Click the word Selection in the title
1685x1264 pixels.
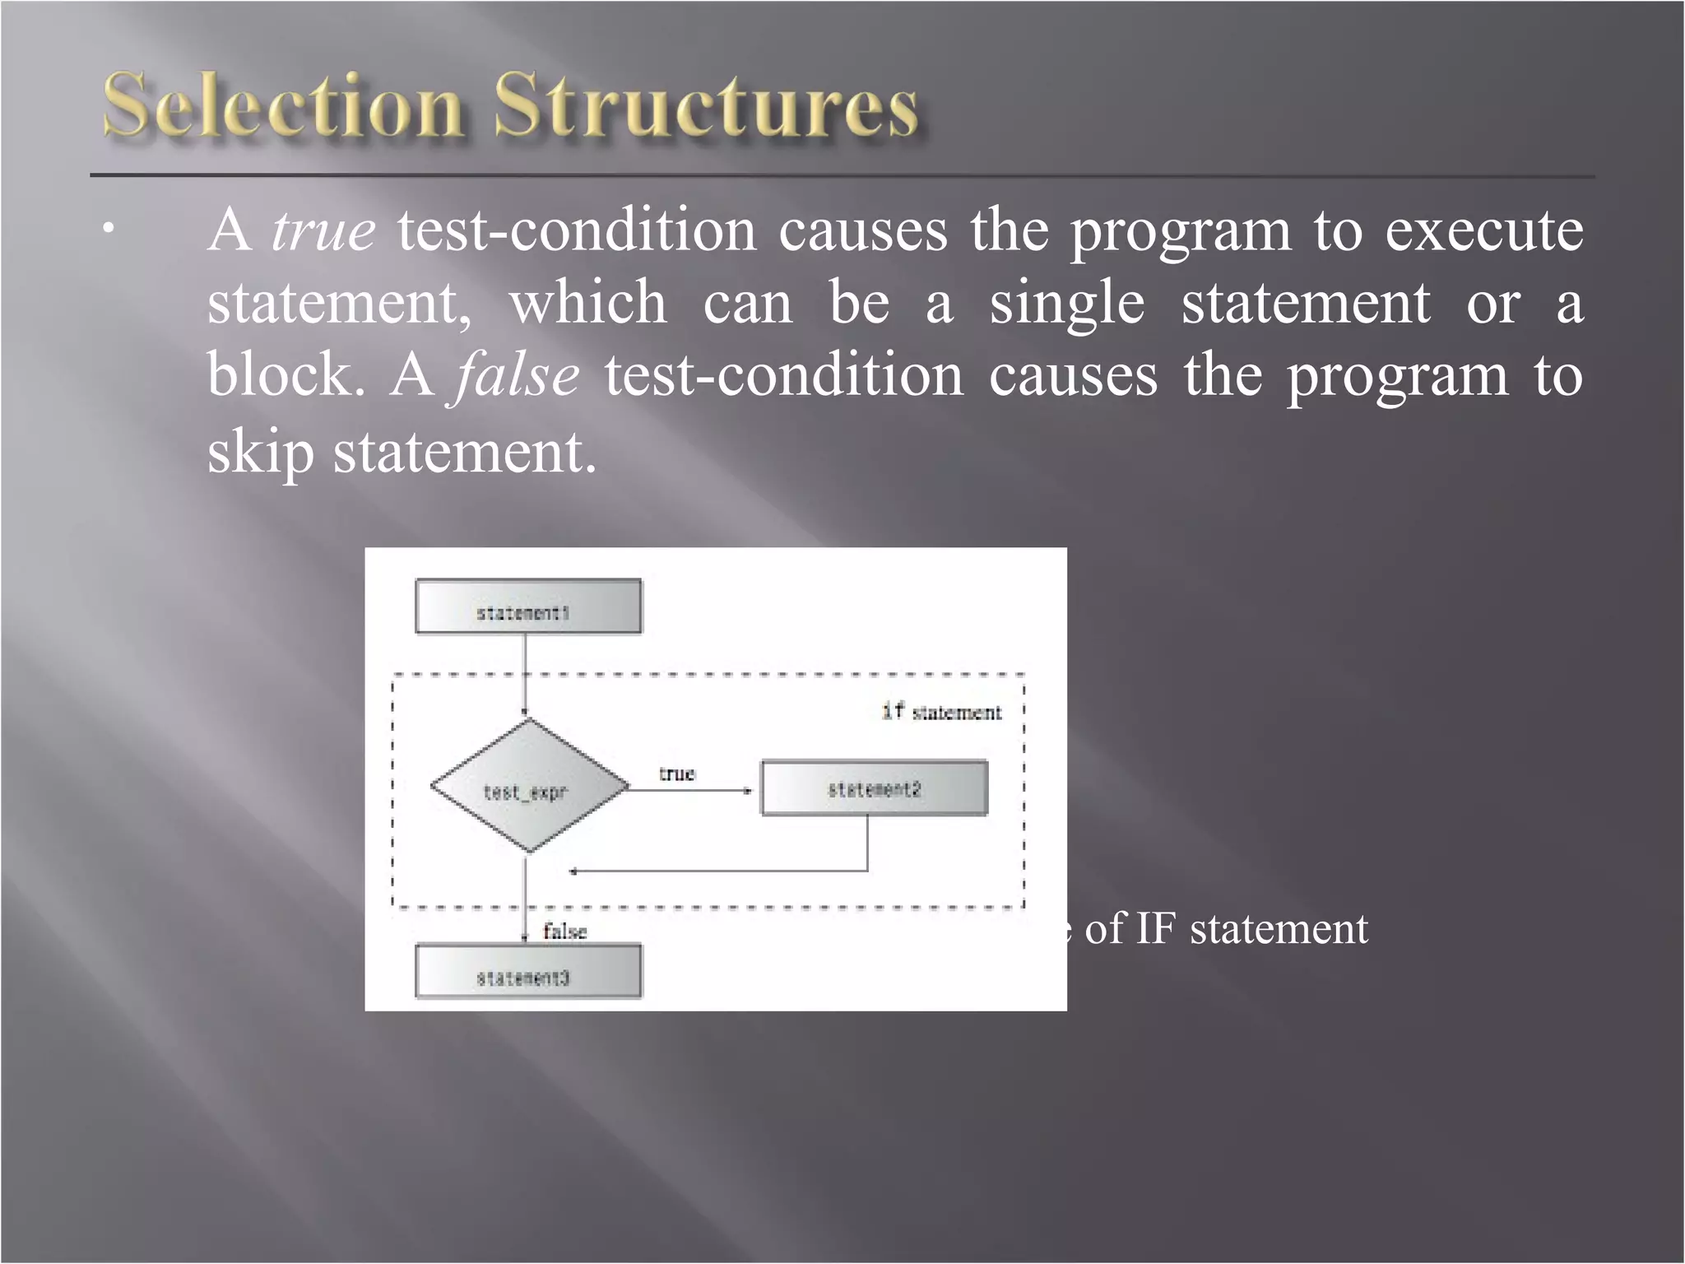click(x=281, y=107)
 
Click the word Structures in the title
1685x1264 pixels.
click(x=706, y=107)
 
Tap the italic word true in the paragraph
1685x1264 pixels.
click(x=323, y=230)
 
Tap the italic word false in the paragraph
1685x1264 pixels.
click(x=516, y=376)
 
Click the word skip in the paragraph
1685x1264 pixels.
click(x=260, y=452)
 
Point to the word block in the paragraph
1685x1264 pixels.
click(x=285, y=376)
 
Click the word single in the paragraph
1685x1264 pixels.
click(x=1066, y=303)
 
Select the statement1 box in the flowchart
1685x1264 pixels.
click(x=528, y=607)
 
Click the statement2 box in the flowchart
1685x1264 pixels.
click(x=874, y=788)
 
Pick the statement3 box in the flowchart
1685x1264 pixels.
click(x=528, y=972)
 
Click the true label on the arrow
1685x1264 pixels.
click(x=676, y=774)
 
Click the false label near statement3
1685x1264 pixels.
click(x=565, y=932)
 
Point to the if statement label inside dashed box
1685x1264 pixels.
click(x=942, y=712)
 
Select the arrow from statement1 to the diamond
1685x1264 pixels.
click(x=524, y=675)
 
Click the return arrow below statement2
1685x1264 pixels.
click(x=716, y=870)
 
